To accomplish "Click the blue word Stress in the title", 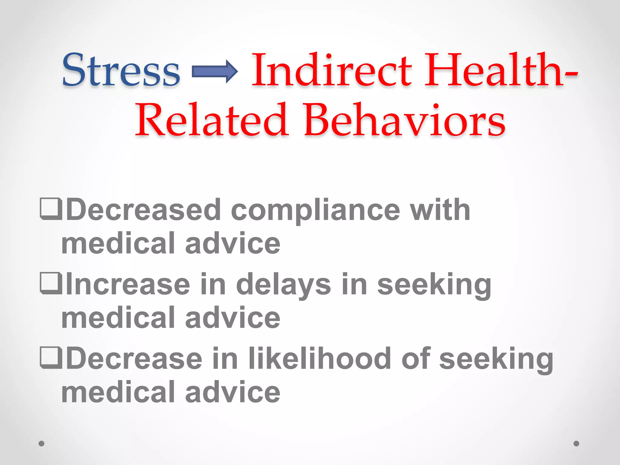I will [121, 70].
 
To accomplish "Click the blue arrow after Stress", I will [215, 71].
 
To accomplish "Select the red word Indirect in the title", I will [332, 70].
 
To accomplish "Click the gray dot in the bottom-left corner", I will [42, 444].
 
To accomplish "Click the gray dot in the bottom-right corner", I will [576, 444].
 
